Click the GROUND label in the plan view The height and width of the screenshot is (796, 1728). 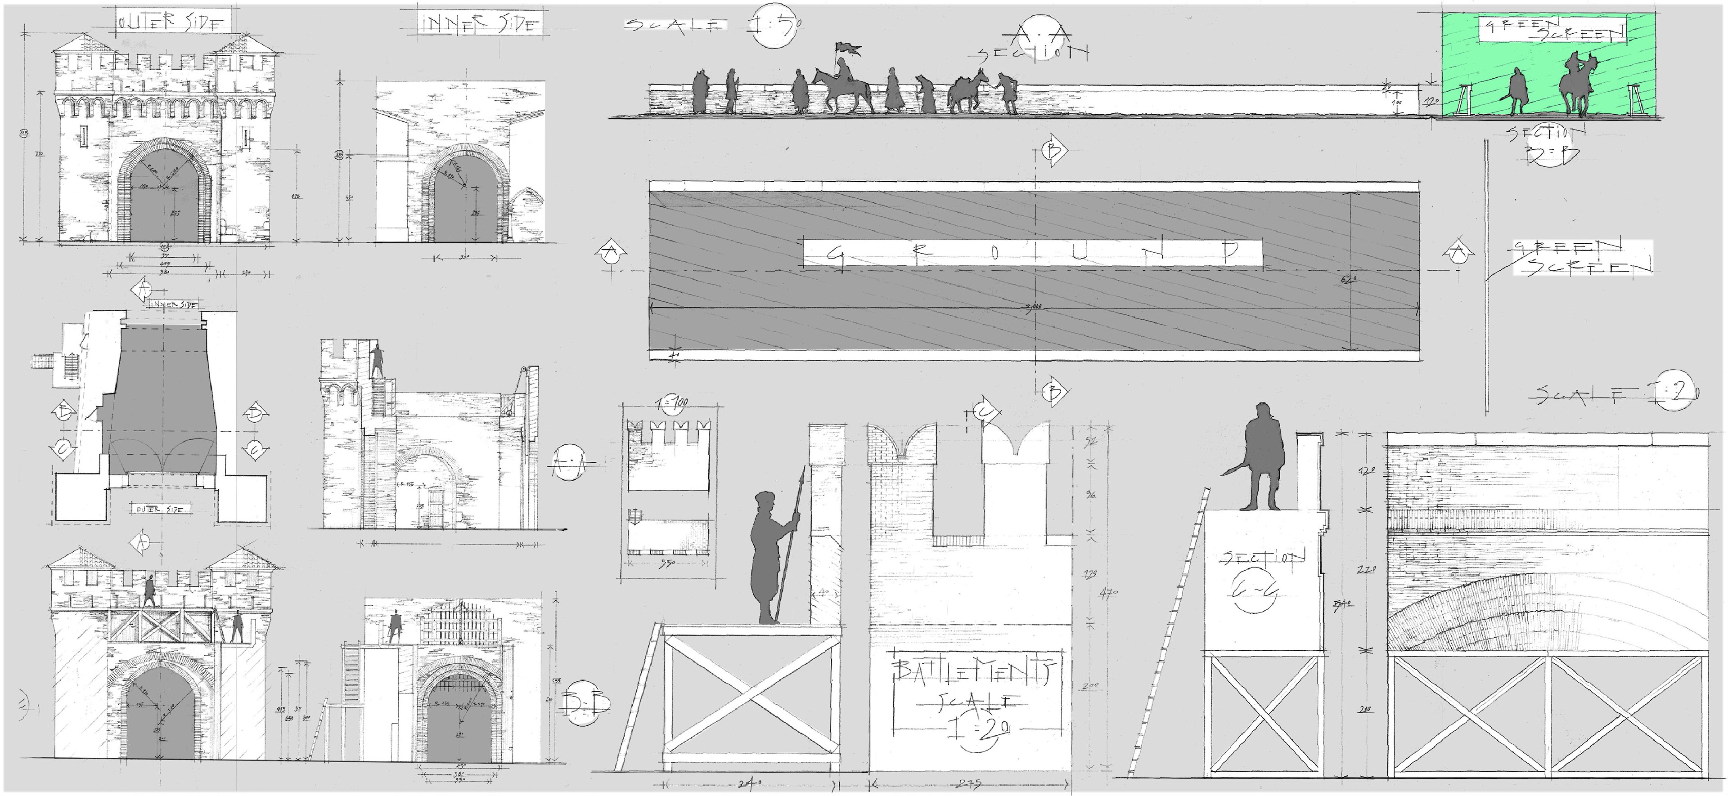click(1032, 253)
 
